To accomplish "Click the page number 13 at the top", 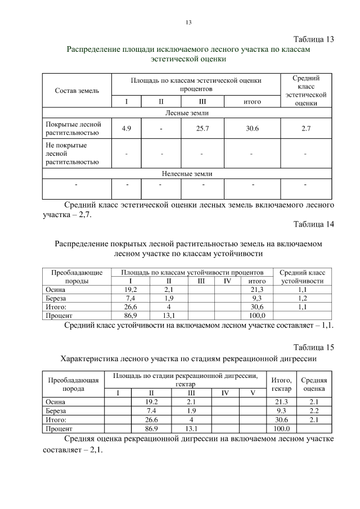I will click(188, 22).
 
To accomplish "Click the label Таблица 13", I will click(314, 39).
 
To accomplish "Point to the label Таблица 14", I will click(314, 224).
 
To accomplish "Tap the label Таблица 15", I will click(314, 347).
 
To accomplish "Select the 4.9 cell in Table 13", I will click(127, 129).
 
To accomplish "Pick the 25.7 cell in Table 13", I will click(201, 129).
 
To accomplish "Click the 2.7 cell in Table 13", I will click(306, 129).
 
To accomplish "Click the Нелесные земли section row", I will click(188, 174).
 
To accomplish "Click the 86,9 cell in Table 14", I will click(130, 316).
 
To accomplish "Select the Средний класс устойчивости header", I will click(302, 276).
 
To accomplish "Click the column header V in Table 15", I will click(253, 393).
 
